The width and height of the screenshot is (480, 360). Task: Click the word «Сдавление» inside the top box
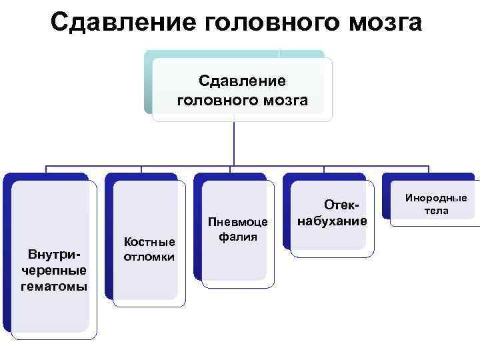(x=242, y=81)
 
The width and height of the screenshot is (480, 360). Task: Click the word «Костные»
(x=150, y=241)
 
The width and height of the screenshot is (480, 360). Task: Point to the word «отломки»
(x=150, y=256)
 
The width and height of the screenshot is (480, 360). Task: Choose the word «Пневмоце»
(x=238, y=221)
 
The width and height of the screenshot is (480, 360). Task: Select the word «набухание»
(x=332, y=220)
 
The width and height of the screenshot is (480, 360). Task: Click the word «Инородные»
(x=437, y=198)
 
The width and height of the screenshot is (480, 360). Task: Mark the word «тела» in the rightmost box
(x=437, y=211)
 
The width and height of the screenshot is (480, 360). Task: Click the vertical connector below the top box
(x=234, y=143)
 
